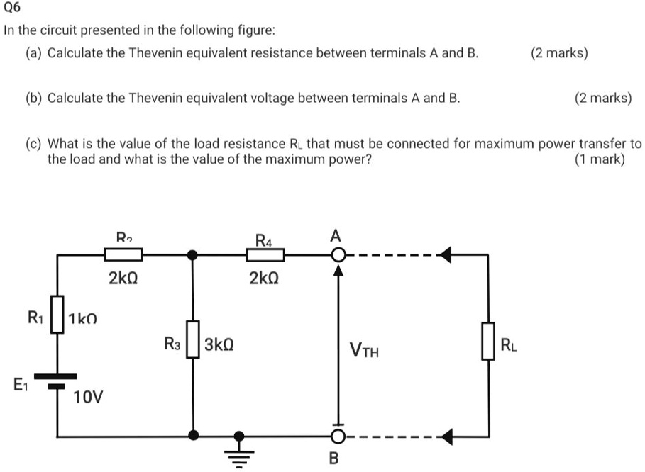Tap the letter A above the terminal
(336, 235)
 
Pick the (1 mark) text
(600, 159)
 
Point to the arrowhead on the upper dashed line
(446, 254)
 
